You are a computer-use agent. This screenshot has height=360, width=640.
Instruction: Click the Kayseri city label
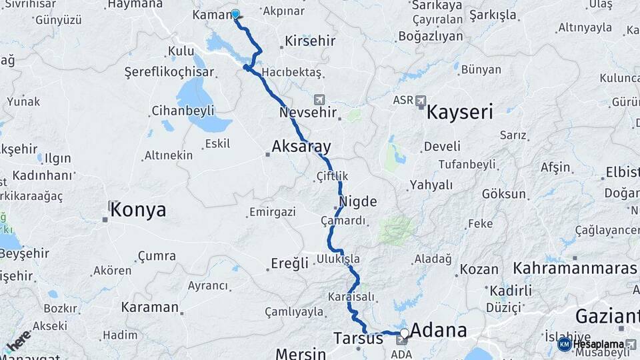point(459,111)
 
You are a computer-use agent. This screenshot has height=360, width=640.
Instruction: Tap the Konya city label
point(138,210)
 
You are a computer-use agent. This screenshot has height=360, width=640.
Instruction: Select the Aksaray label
point(301,147)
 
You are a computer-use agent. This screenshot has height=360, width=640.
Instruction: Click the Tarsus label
point(358,339)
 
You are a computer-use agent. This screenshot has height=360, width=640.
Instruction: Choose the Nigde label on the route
point(358,201)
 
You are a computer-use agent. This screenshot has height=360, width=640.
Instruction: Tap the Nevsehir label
point(308,113)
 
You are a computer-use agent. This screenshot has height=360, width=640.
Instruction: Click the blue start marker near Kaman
point(235,14)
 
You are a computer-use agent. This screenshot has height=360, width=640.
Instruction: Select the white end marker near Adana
point(404,332)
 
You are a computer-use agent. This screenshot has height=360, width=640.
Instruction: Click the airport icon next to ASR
point(420,101)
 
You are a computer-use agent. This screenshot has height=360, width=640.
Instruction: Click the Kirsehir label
point(310,41)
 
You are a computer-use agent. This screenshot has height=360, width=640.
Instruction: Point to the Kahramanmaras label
point(575,269)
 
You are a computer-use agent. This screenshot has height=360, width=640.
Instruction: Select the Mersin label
point(300,353)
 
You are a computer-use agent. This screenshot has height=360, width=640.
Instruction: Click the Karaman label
point(150,307)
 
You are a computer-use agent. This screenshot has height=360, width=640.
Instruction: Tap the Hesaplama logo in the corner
point(597,344)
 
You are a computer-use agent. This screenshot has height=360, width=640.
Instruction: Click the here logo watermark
point(18,340)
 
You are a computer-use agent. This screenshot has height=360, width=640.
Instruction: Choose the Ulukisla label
point(339,258)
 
